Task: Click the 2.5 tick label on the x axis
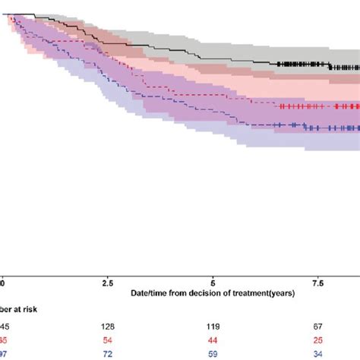click(109, 282)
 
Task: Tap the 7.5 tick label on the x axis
click(319, 282)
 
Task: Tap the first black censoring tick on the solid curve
click(279, 64)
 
